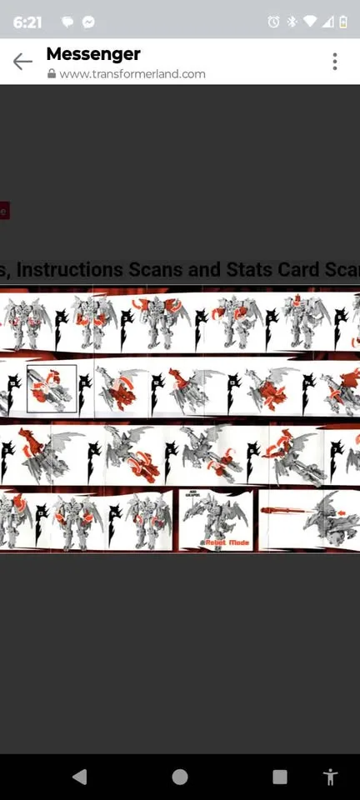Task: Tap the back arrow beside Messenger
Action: click(22, 61)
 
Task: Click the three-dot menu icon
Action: click(334, 61)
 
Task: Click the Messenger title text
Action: click(93, 54)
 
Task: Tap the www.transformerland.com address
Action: click(132, 73)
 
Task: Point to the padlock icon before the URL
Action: click(52, 73)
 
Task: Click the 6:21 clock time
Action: click(27, 22)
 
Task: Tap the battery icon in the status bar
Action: click(342, 22)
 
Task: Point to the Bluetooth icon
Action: click(292, 22)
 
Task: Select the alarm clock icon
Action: click(273, 22)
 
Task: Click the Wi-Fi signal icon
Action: click(310, 22)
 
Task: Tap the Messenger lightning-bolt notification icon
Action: click(88, 22)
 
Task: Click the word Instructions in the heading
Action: click(71, 269)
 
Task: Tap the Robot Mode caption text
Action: click(227, 542)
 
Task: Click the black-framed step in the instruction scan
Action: click(52, 389)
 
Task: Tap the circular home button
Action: click(180, 777)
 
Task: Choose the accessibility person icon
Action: click(330, 777)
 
